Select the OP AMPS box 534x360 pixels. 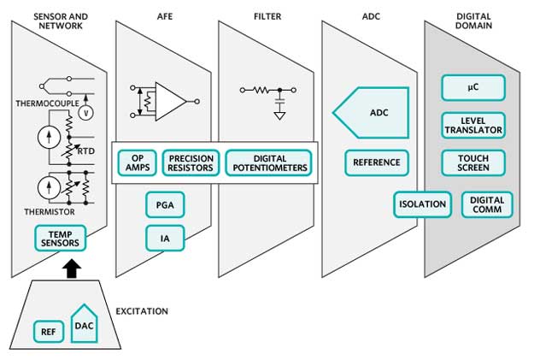coord(137,162)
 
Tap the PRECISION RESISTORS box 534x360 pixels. coord(191,162)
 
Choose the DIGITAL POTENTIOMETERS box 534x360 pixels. coord(269,162)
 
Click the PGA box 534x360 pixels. coord(165,205)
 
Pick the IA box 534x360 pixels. coord(165,237)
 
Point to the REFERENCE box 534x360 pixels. coord(373,162)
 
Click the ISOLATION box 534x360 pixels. coord(423,204)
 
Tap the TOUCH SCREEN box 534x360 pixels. coord(472,162)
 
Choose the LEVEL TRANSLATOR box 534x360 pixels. coord(472,125)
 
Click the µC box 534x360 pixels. coord(472,87)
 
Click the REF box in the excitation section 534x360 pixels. coord(47,331)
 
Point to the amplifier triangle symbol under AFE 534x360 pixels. coord(170,100)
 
